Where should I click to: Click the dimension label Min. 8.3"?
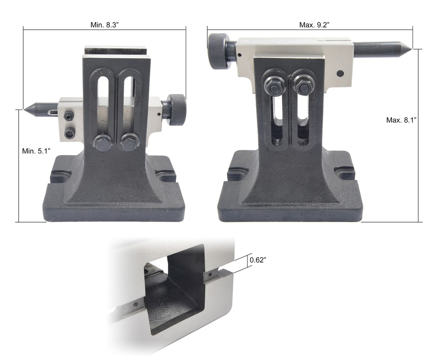(x=105, y=25)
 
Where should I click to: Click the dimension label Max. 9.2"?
(x=314, y=25)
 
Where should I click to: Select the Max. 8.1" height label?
(x=401, y=120)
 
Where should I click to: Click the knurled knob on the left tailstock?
(x=177, y=110)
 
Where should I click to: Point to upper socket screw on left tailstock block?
(x=69, y=117)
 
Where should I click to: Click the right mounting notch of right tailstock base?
(x=346, y=173)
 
